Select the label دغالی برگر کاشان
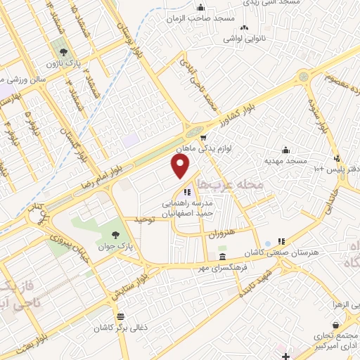[x=122, y=328]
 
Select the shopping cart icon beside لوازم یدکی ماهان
[x=202, y=138]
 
